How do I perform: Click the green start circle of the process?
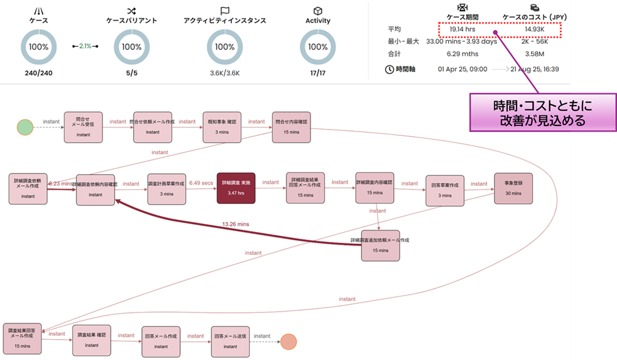point(25,127)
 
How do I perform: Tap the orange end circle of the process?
point(288,341)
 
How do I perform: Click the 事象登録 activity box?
point(513,188)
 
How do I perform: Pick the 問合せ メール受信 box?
point(83,127)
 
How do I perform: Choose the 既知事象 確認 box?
point(222,127)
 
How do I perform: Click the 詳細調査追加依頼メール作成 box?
point(381,245)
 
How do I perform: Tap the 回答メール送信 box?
point(230,341)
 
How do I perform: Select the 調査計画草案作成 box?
point(167,188)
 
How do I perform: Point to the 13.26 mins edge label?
point(235,224)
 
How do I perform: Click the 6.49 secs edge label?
point(202,183)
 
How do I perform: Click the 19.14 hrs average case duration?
point(462,29)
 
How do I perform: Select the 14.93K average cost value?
point(534,29)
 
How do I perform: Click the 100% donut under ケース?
point(39,47)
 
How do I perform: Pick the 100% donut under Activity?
point(318,47)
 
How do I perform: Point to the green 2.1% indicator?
point(85,46)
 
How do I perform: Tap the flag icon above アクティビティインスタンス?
point(225,11)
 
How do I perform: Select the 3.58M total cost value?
point(534,54)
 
